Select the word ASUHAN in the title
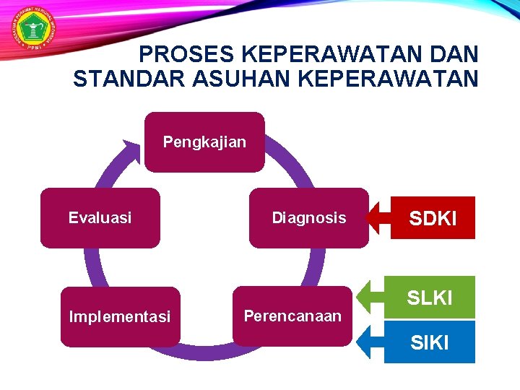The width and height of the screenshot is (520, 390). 212,79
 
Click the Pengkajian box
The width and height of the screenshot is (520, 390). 204,142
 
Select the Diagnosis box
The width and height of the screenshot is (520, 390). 308,218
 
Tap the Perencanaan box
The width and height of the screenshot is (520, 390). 292,316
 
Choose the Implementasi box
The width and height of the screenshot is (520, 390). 120,317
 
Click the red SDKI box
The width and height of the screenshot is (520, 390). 433,218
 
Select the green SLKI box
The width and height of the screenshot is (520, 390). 430,297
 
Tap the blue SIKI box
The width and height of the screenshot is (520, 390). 430,342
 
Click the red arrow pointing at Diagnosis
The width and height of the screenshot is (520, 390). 376,217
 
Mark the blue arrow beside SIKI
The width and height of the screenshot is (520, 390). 370,341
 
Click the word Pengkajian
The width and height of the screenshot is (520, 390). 204,142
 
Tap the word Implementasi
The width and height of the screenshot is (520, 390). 120,317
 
